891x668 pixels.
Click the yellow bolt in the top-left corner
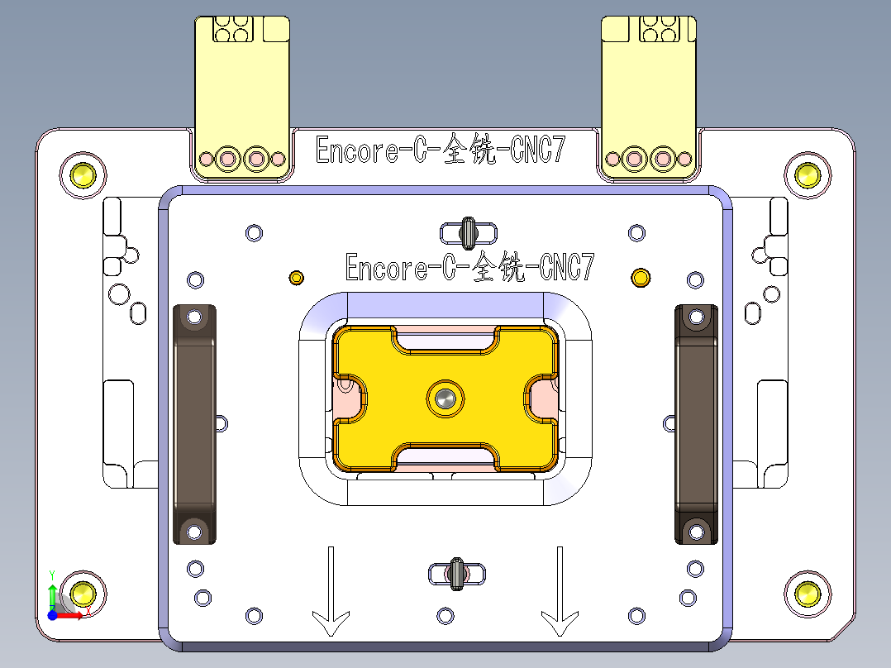tap(83, 175)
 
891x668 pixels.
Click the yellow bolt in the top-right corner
tap(807, 175)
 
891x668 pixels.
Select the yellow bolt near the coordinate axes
tap(83, 593)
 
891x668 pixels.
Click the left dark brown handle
tap(194, 424)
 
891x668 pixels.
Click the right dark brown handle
tap(696, 424)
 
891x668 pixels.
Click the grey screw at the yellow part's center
tap(445, 399)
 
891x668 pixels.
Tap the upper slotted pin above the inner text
tap(468, 232)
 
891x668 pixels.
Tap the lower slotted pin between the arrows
tap(455, 573)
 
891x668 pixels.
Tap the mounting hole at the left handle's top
tap(195, 316)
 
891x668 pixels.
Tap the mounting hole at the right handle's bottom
tap(696, 530)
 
